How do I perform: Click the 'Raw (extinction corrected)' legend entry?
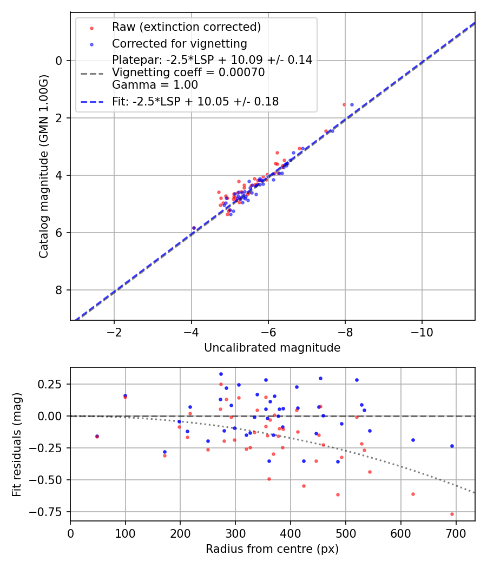tap(186, 27)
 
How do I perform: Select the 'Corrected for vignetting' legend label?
tap(179, 44)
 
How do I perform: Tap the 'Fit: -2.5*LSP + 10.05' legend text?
tap(195, 102)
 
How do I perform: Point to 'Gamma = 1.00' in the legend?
tap(155, 85)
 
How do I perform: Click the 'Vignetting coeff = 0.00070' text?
tap(188, 72)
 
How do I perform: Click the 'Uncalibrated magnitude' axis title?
tap(272, 348)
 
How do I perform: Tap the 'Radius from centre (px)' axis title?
tap(272, 549)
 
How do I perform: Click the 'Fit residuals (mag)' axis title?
tap(17, 444)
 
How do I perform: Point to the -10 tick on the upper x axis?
tap(422, 332)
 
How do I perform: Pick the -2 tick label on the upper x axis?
tap(114, 332)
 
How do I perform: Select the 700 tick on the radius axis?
tap(456, 533)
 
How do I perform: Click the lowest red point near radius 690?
tap(452, 514)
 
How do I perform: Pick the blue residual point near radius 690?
tap(452, 446)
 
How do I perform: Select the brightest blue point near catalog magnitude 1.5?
tap(352, 104)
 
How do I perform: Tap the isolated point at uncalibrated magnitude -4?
tap(194, 228)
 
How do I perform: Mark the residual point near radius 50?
tap(97, 436)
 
